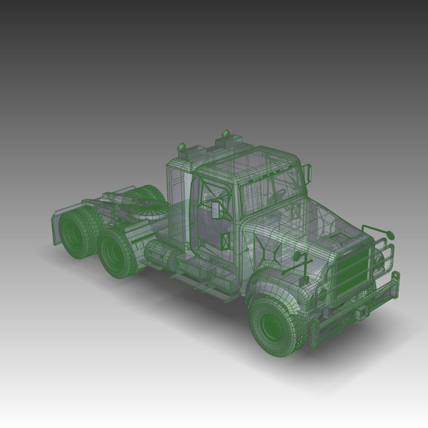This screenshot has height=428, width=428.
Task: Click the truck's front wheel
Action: [273, 325]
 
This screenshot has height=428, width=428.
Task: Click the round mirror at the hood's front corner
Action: [390, 235]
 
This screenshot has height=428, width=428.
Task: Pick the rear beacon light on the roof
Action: [182, 147]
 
